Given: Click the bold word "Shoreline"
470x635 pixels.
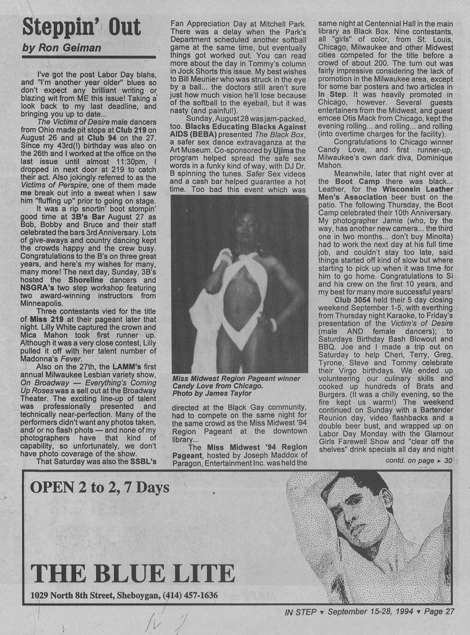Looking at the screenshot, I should pyautogui.click(x=86, y=280).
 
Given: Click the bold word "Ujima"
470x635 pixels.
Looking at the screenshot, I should pyautogui.click(x=294, y=151).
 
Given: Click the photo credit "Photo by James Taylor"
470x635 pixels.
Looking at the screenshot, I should pyautogui.click(x=212, y=393).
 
